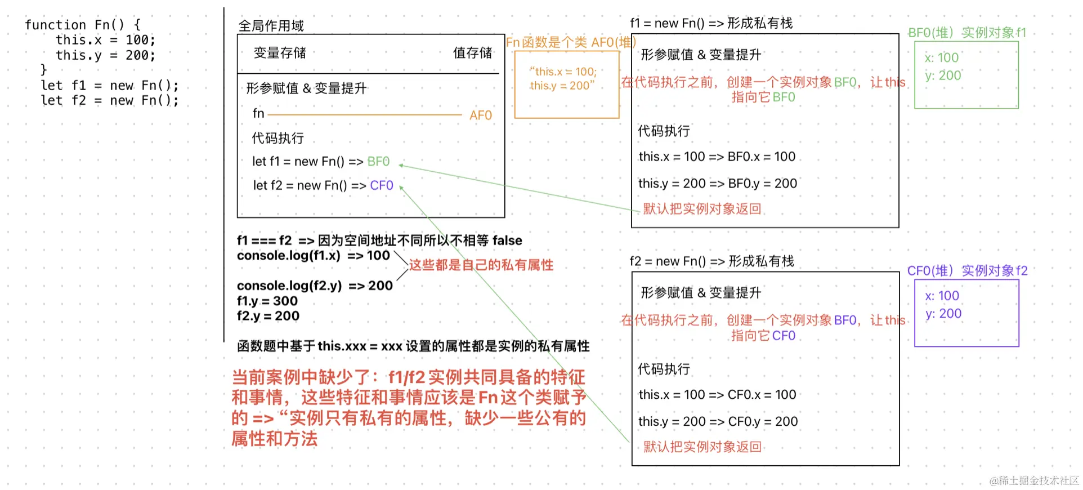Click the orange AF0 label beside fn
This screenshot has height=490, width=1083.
(x=480, y=115)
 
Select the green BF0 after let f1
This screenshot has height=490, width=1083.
(x=378, y=162)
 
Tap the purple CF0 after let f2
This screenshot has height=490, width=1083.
(x=382, y=186)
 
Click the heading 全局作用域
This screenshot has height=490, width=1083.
(x=271, y=26)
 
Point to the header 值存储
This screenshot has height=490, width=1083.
(x=472, y=53)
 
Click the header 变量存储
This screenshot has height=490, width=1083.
(x=280, y=53)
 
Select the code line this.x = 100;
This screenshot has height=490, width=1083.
(x=105, y=40)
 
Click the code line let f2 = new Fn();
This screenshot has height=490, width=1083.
(x=109, y=101)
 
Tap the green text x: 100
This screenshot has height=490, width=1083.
(x=941, y=57)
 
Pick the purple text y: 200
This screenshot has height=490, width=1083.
(x=943, y=314)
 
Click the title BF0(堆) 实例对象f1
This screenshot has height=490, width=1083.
(x=966, y=33)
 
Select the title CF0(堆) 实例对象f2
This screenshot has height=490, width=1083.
(x=967, y=271)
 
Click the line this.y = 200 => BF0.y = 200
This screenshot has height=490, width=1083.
(x=717, y=184)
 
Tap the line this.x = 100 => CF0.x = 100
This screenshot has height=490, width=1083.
(x=717, y=395)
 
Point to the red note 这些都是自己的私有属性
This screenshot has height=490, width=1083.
(x=481, y=265)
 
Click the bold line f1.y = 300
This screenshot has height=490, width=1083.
(x=267, y=301)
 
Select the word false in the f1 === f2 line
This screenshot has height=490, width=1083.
(x=507, y=240)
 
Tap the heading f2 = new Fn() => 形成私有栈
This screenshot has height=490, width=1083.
(x=711, y=261)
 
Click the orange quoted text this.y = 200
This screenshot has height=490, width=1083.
(x=562, y=86)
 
